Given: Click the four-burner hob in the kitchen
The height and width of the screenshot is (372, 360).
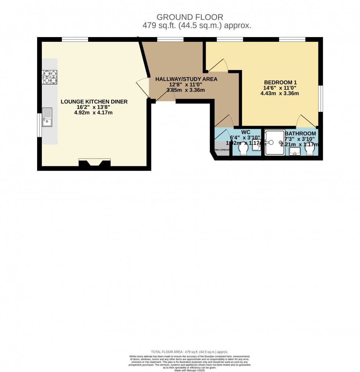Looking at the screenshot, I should [x=50, y=77].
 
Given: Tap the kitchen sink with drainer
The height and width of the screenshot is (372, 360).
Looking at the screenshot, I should [x=47, y=117].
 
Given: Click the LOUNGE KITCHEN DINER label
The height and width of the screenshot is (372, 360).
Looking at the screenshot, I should [x=94, y=102].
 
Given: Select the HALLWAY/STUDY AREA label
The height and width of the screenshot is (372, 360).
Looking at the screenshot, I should [x=186, y=79].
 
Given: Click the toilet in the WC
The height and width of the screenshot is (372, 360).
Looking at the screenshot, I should [x=243, y=149].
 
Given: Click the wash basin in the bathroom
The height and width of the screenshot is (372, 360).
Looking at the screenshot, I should [x=295, y=151].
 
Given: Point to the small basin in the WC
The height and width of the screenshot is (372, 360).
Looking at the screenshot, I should [x=256, y=145].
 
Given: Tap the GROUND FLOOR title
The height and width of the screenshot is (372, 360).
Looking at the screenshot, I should [x=190, y=17].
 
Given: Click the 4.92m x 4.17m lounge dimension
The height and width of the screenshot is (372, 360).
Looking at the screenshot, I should [x=93, y=113].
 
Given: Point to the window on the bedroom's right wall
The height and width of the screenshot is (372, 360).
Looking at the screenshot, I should [x=320, y=98].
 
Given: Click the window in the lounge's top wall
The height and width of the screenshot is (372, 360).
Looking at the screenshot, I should [x=75, y=39].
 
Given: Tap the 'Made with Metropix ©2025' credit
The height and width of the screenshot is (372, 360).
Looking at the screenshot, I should [x=190, y=370].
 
